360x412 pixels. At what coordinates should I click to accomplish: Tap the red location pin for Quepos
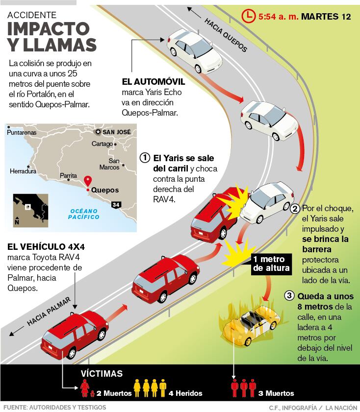point(88,180)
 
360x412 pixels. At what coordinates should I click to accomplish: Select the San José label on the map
point(116,132)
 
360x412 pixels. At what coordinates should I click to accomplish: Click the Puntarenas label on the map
point(22,132)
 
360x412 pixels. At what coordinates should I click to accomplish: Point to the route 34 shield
point(116,204)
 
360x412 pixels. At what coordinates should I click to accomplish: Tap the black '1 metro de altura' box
point(272,264)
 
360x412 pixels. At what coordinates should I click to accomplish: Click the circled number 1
point(145,158)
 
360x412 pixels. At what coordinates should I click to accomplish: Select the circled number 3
point(289,296)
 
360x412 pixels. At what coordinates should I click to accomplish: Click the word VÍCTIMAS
point(102,374)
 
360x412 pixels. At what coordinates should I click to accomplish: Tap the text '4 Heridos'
point(185,393)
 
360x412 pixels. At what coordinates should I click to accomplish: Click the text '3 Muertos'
point(276,393)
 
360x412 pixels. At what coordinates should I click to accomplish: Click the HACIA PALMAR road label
point(49,311)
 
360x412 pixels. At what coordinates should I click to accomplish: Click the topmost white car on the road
point(194,49)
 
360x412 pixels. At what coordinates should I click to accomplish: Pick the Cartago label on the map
point(102,144)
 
